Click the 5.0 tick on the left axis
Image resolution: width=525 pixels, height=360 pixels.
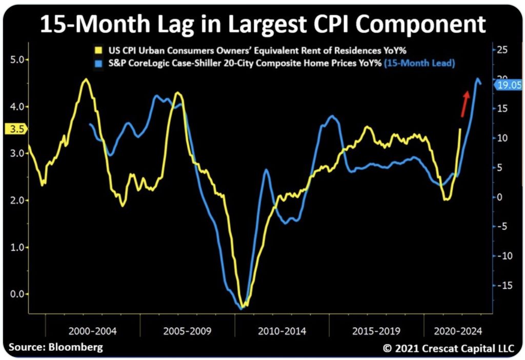click(17, 59)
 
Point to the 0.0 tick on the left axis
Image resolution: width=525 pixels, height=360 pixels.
click(17, 294)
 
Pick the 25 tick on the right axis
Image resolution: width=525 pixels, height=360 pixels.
click(502, 50)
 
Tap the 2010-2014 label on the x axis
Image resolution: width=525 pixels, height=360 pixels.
click(282, 331)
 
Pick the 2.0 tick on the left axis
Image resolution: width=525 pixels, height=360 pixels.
click(17, 200)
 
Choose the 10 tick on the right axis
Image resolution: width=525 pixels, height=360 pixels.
click(502, 138)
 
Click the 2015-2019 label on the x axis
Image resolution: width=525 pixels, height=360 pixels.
click(377, 331)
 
